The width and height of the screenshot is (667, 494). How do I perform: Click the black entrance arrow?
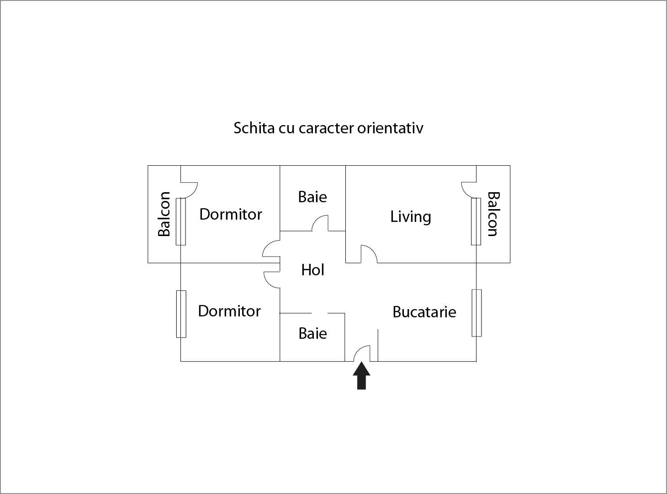(x=361, y=376)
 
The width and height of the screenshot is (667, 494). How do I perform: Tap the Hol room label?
(x=313, y=270)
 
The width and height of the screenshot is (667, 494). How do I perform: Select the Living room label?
(x=411, y=217)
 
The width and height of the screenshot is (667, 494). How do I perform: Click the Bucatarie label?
(x=424, y=312)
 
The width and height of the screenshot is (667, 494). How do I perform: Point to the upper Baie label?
(x=312, y=197)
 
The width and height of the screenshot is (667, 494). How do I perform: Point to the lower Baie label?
(x=313, y=333)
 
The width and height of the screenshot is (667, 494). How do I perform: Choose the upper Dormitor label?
(x=231, y=215)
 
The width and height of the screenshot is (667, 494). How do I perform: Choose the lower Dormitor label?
(x=229, y=311)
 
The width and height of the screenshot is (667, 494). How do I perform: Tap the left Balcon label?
(x=164, y=214)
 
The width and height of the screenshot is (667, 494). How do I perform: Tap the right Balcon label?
(x=493, y=214)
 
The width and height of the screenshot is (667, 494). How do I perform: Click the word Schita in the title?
(x=254, y=128)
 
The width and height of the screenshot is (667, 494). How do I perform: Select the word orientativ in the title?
(x=390, y=128)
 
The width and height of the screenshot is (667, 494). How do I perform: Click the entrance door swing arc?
(x=359, y=349)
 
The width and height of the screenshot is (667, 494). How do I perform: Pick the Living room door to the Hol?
(x=372, y=250)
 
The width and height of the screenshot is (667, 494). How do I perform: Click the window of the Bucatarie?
(x=476, y=313)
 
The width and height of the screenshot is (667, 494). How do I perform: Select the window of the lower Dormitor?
(x=181, y=314)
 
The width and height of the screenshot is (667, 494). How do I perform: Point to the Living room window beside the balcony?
(x=476, y=221)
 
